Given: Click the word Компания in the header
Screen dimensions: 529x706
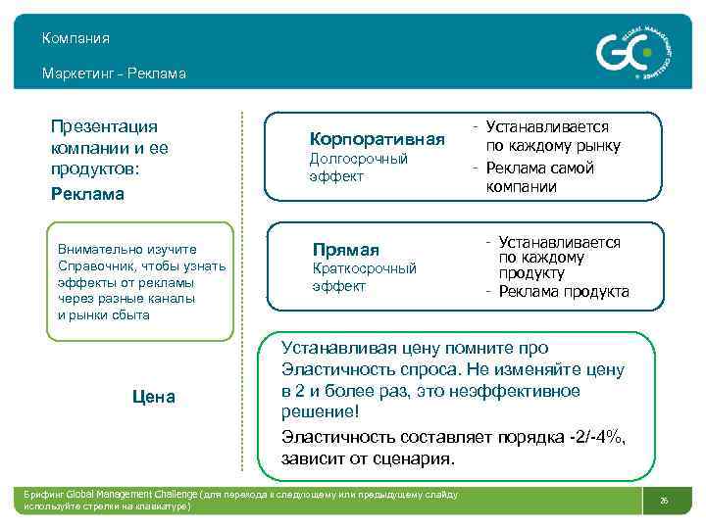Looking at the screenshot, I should (x=76, y=39).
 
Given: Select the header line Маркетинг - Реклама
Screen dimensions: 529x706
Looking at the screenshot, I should (x=114, y=73).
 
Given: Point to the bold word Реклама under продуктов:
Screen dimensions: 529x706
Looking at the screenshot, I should (x=87, y=194).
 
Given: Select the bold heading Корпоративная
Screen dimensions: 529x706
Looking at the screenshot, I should (x=377, y=139).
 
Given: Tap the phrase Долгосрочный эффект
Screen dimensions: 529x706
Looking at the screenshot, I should (x=358, y=168).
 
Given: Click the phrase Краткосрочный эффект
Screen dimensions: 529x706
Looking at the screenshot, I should (x=363, y=277).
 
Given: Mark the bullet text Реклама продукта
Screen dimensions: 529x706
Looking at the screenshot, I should (x=563, y=292).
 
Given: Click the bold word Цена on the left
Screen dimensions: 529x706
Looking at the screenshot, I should (x=153, y=397).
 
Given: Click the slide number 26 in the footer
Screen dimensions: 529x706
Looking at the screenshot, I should (x=664, y=501).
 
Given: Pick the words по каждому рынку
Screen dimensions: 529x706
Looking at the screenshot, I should (x=555, y=146).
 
